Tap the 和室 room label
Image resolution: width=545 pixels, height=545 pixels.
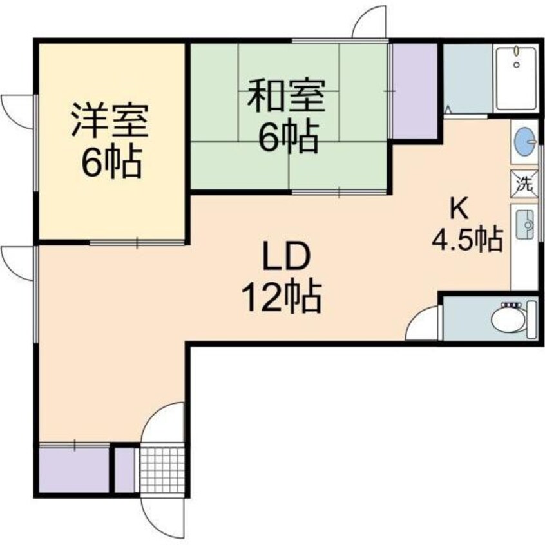pos(287,96)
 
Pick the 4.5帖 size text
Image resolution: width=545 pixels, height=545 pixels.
pos(467,241)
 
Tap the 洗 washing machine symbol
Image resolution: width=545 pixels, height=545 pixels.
pos(525,183)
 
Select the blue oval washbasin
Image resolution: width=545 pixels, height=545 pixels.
pos(525,142)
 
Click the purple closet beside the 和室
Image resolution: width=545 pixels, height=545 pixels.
pos(415,90)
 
